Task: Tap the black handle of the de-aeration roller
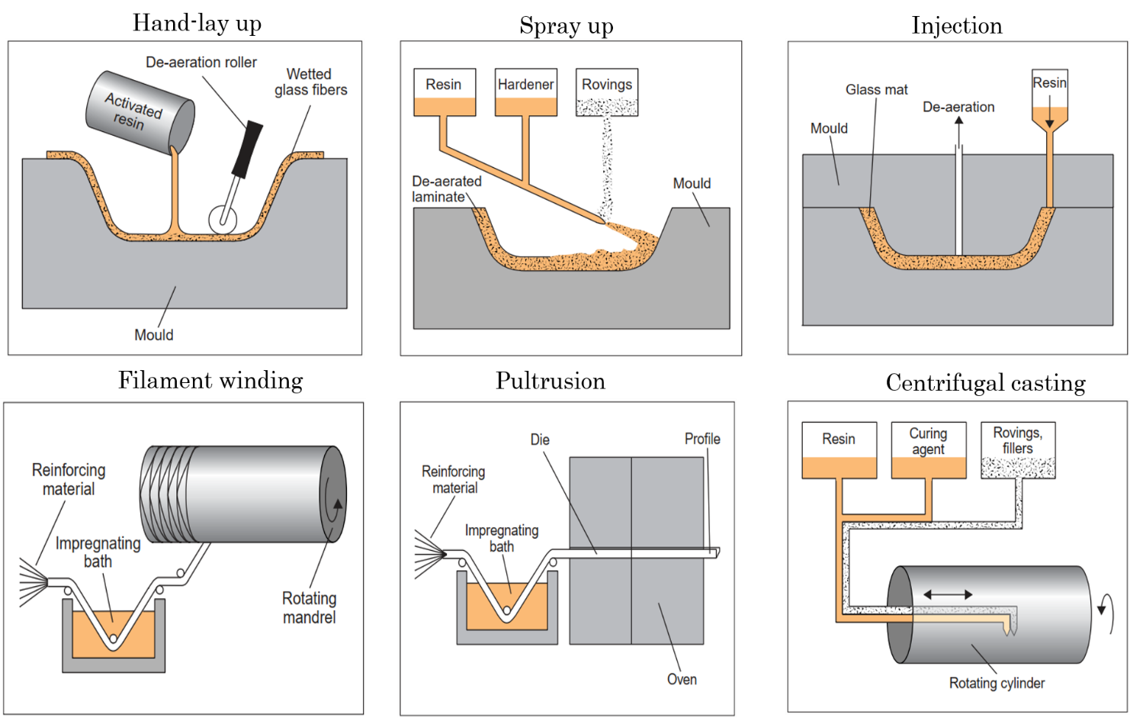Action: point(248,148)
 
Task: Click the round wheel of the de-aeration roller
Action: point(223,220)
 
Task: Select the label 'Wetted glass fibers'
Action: point(310,82)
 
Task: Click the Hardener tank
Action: point(525,92)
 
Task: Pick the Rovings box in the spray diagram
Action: point(607,92)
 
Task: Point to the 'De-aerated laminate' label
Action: point(447,188)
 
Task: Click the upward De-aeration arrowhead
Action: point(959,121)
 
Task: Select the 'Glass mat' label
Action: point(876,89)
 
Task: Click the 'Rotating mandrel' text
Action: point(309,607)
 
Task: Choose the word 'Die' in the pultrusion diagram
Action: point(540,439)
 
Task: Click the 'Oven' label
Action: point(682,679)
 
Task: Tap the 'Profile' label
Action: point(702,439)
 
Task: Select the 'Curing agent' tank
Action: point(928,450)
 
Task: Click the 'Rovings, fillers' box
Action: point(1017,450)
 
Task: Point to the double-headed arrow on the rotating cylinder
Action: point(948,594)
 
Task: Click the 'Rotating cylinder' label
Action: point(997,683)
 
